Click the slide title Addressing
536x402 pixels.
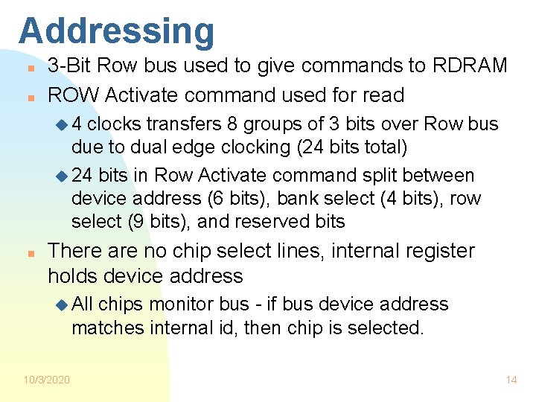pos(117,31)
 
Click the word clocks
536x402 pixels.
pos(118,124)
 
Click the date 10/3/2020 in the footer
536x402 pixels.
pos(47,380)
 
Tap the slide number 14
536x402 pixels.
pos(511,380)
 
